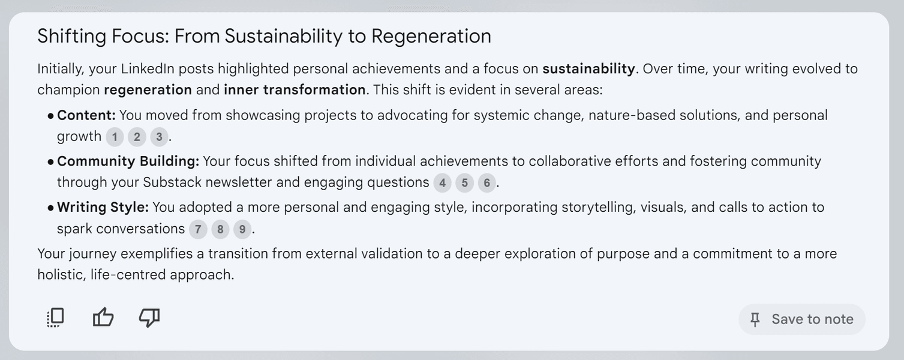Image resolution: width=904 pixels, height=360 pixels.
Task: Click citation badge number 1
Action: click(x=115, y=137)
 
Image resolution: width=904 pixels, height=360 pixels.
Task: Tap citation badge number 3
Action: click(x=159, y=137)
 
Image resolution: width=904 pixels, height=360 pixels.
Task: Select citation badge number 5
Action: click(x=464, y=183)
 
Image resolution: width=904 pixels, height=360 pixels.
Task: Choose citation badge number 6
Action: click(x=486, y=183)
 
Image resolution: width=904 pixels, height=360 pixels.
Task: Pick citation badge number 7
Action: click(x=198, y=229)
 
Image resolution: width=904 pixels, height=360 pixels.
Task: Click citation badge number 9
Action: click(x=242, y=229)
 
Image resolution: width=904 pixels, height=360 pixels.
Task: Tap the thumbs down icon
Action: click(x=149, y=317)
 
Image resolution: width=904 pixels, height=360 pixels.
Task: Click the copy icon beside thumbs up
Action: click(x=55, y=317)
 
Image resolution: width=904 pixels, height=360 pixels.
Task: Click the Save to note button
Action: click(x=802, y=319)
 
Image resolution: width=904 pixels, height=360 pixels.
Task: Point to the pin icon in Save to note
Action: click(x=755, y=320)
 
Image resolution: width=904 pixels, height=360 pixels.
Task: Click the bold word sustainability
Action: click(x=589, y=68)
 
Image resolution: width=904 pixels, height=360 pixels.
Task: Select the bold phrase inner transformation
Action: click(x=295, y=89)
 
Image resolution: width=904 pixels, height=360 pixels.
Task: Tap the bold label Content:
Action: click(x=86, y=115)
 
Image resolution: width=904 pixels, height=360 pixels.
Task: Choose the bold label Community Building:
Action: click(x=128, y=161)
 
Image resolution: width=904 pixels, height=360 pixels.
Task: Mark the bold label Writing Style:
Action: click(x=103, y=208)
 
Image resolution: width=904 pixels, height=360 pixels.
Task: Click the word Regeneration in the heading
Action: click(x=431, y=37)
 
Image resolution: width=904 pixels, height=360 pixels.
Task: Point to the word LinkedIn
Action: click(x=148, y=69)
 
